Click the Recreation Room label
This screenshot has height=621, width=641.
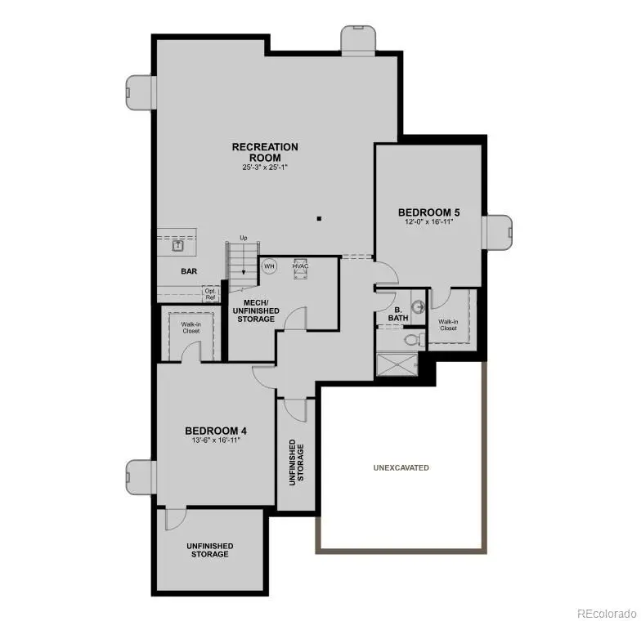265,152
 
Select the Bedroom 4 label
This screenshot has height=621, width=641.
216,431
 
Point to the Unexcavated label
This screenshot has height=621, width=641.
401,467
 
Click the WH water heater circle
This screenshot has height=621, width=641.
269,266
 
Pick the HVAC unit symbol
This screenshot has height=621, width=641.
299,270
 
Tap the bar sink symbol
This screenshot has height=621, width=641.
178,244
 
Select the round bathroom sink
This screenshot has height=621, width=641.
419,307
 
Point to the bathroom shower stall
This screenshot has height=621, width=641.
396,363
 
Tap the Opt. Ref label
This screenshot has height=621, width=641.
211,294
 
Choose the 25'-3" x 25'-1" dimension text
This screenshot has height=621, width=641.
265,168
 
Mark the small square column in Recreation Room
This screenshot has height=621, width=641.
320,218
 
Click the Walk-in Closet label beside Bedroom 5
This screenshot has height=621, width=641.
448,324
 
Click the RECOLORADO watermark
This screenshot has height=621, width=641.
605,612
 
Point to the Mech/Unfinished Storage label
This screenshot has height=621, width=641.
256,310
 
